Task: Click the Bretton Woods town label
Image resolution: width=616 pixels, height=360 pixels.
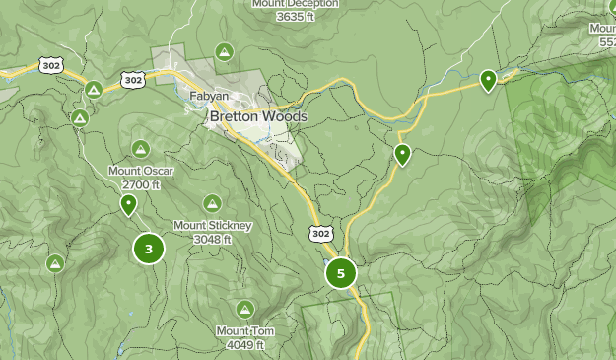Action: tap(258, 116)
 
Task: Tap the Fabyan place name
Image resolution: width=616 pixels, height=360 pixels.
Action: tap(210, 97)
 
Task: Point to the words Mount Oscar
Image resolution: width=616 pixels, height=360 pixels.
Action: tap(141, 171)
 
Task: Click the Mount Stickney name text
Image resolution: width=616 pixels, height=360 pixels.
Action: tap(213, 226)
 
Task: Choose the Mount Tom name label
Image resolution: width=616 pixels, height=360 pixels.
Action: tap(241, 331)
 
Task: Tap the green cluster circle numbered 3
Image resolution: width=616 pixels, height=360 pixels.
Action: tap(149, 249)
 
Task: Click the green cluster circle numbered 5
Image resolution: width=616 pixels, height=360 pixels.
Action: tap(341, 273)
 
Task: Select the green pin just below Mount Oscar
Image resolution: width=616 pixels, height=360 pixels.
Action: tap(128, 205)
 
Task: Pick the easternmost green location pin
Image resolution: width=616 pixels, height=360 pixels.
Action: tap(488, 80)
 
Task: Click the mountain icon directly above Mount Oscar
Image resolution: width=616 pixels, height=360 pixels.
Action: tap(141, 149)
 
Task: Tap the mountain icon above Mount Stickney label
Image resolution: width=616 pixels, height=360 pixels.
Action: tap(212, 203)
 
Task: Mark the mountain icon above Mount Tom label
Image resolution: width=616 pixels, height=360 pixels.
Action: tap(244, 309)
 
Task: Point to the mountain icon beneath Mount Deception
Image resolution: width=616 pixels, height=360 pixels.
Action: tap(225, 51)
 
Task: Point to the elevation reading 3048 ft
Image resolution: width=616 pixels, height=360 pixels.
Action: tap(213, 239)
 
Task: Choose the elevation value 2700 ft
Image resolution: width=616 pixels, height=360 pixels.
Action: tap(141, 184)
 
